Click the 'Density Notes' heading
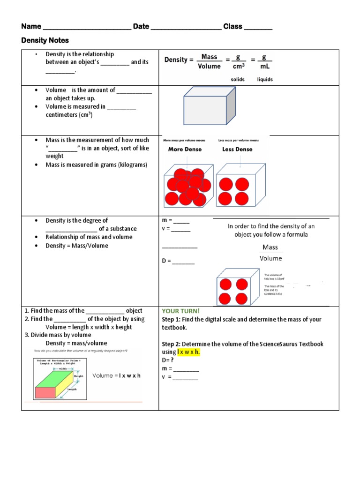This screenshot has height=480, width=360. (45, 41)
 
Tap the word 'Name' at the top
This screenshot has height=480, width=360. (31, 27)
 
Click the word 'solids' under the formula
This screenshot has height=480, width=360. (238, 80)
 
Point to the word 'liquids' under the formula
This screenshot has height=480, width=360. (265, 80)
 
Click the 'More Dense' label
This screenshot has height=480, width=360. (185, 150)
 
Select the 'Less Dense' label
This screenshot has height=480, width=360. (237, 150)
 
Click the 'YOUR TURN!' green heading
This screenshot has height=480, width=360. (181, 311)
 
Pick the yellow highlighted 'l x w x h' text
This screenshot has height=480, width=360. (188, 352)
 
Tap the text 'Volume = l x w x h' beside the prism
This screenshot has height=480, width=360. (117, 375)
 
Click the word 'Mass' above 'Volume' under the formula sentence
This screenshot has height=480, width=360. (270, 247)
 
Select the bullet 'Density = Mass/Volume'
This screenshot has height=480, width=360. (76, 246)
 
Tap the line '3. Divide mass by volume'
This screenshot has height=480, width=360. (58, 335)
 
